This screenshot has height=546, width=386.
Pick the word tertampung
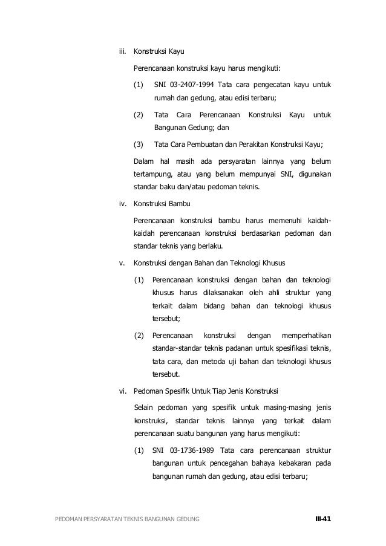(x=153, y=175)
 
